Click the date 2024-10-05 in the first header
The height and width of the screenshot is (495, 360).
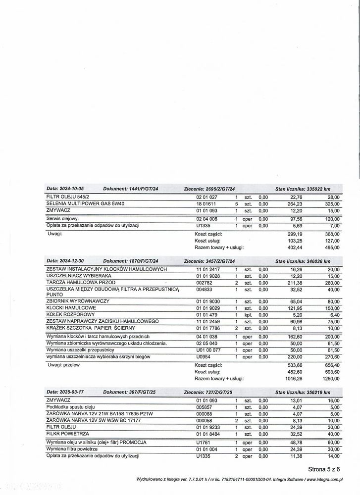(71, 189)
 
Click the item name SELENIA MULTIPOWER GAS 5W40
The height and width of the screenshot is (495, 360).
(85, 203)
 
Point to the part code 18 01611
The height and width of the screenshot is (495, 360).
(207, 203)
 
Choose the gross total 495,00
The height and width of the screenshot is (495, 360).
(333, 247)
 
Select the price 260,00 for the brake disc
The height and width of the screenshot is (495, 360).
(333, 282)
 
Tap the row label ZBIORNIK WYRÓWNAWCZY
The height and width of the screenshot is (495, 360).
(78, 301)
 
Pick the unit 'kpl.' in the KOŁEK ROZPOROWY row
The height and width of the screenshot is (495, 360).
(249, 314)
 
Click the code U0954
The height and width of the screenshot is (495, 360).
(204, 356)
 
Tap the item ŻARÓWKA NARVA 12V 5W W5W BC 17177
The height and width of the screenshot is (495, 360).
(93, 420)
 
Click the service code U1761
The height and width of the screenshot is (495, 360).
(204, 442)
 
